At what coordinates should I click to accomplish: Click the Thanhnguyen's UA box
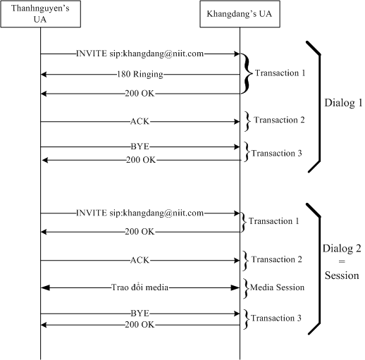click(x=41, y=14)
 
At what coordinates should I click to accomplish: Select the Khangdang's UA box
click(x=240, y=14)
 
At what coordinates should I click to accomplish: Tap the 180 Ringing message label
click(x=140, y=74)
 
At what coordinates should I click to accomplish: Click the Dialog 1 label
click(x=343, y=103)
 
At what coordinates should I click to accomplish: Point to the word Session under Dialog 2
click(x=342, y=275)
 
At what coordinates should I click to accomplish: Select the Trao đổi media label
click(x=140, y=287)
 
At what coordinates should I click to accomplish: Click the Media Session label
click(x=277, y=287)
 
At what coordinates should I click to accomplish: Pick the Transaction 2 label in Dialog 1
click(x=279, y=120)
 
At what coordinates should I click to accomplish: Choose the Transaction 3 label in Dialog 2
click(x=276, y=318)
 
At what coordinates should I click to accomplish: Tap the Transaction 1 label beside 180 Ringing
click(x=280, y=73)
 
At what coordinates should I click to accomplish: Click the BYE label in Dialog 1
click(x=140, y=147)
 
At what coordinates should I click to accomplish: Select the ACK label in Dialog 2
click(x=140, y=260)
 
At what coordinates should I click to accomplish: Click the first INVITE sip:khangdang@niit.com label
click(x=140, y=54)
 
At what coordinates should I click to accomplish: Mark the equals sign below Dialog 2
click(x=342, y=261)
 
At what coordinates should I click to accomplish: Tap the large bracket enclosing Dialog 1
click(x=319, y=107)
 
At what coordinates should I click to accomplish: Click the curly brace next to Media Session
click(x=246, y=288)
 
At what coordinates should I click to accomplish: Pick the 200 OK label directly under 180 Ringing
click(x=140, y=94)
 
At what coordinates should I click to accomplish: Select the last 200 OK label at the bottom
click(x=140, y=325)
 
